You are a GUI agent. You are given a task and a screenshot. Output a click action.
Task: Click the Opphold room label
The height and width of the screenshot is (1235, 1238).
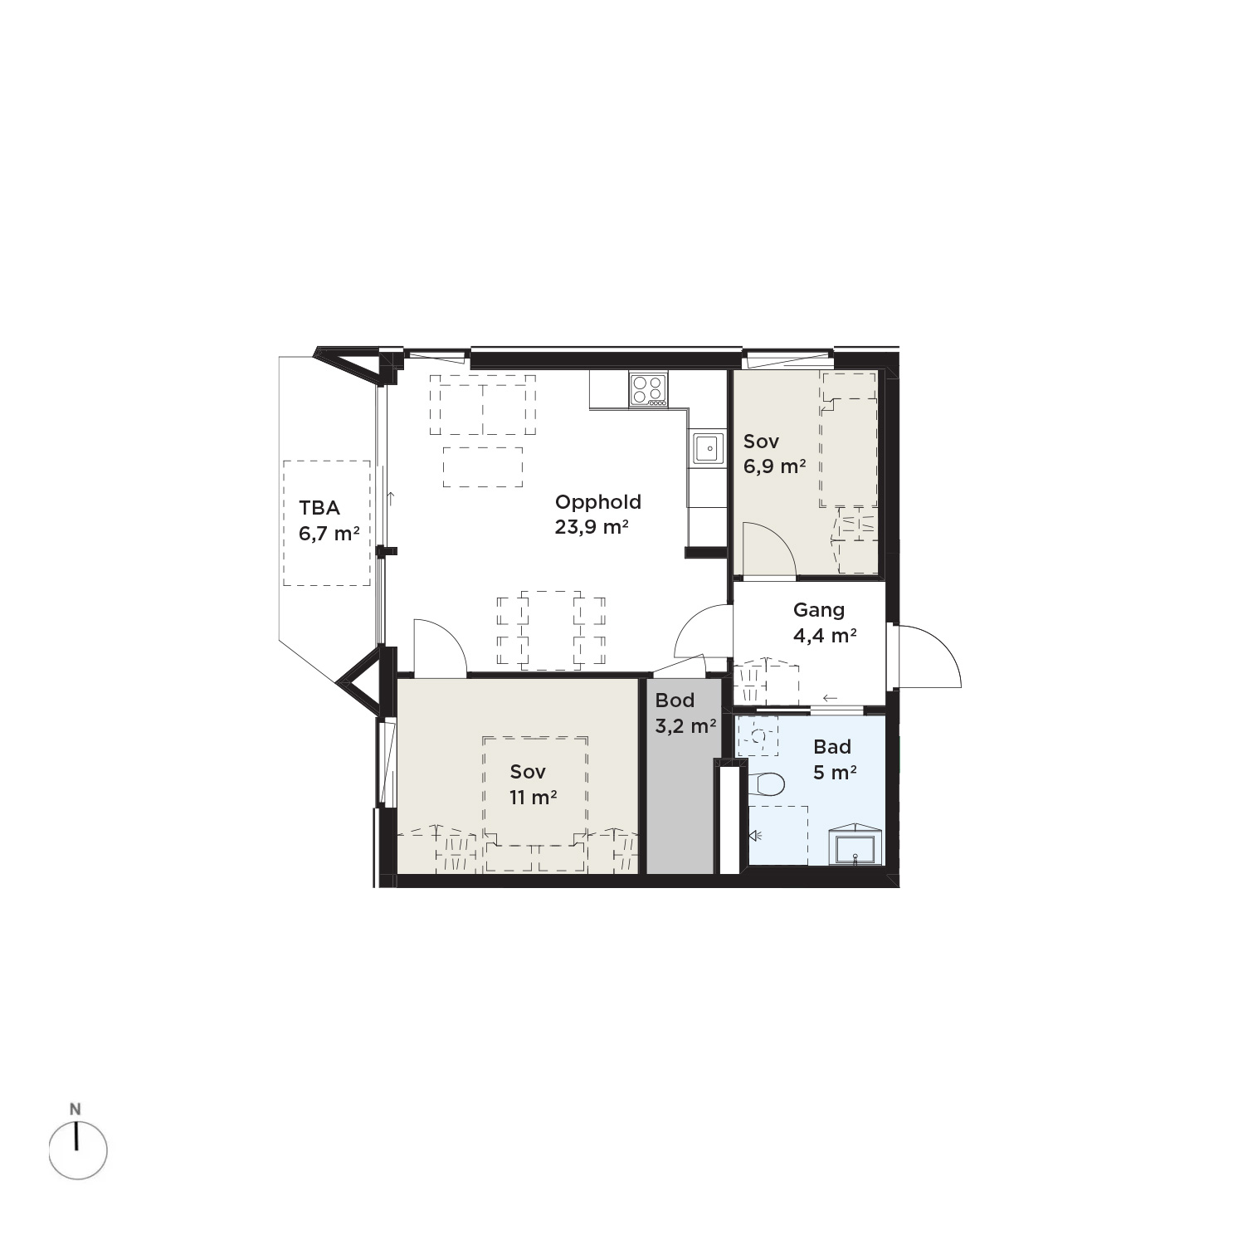[597, 502]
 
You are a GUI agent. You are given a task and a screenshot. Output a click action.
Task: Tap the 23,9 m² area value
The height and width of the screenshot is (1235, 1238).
[592, 527]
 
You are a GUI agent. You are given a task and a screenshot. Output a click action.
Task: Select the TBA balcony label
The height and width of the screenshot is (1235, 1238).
[319, 508]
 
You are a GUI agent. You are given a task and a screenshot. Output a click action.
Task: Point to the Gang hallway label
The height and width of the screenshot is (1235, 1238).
[819, 610]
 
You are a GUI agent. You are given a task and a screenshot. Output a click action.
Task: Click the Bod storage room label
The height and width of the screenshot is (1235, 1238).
[675, 700]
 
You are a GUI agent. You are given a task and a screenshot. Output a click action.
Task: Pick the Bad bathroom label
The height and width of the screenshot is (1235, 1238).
[832, 747]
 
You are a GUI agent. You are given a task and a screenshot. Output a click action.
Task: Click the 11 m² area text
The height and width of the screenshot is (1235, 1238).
[533, 798]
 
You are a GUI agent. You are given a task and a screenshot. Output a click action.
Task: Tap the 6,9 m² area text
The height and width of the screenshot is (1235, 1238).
[774, 466]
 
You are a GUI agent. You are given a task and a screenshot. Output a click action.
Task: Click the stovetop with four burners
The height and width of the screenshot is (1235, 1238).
[648, 390]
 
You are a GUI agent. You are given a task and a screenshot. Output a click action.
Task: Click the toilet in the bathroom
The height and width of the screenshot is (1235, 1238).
[768, 783]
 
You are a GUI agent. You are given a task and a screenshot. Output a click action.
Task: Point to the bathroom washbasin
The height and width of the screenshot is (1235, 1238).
[854, 846]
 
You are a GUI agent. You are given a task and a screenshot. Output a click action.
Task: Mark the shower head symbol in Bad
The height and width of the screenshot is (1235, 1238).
[755, 836]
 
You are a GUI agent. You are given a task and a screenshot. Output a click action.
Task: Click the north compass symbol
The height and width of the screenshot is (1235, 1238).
[77, 1150]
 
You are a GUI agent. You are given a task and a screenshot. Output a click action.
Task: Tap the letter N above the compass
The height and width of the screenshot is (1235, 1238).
[76, 1109]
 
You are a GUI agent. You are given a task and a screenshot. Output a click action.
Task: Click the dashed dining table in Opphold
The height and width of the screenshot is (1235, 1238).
[551, 630]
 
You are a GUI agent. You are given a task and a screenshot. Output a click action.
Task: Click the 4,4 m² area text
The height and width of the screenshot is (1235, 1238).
[825, 636]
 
